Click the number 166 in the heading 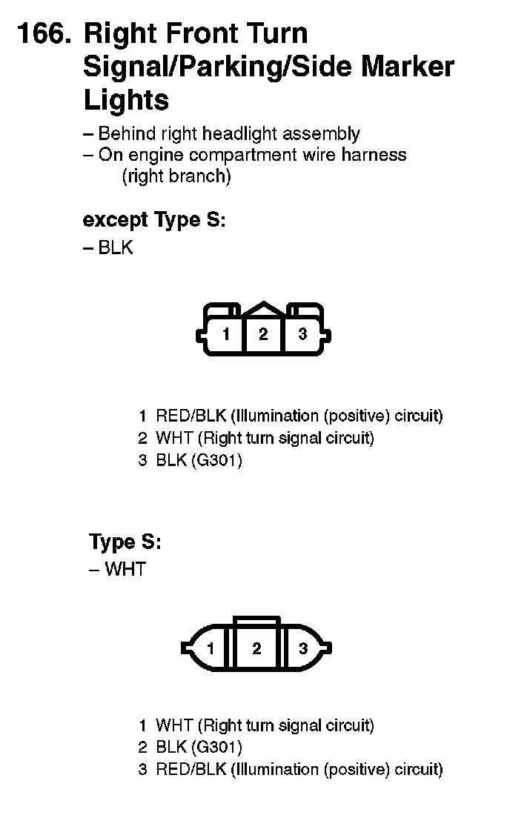click(43, 34)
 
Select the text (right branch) click(176, 176)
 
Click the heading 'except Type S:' click(153, 220)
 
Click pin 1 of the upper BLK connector click(226, 334)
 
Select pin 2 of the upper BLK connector click(263, 334)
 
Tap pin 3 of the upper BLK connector click(302, 334)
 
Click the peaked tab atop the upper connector click(263, 309)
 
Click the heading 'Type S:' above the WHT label click(125, 542)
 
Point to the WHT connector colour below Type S click(125, 569)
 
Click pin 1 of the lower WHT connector click(211, 649)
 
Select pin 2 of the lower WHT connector click(256, 649)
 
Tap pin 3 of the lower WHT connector click(302, 649)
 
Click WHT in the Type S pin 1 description click(174, 725)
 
